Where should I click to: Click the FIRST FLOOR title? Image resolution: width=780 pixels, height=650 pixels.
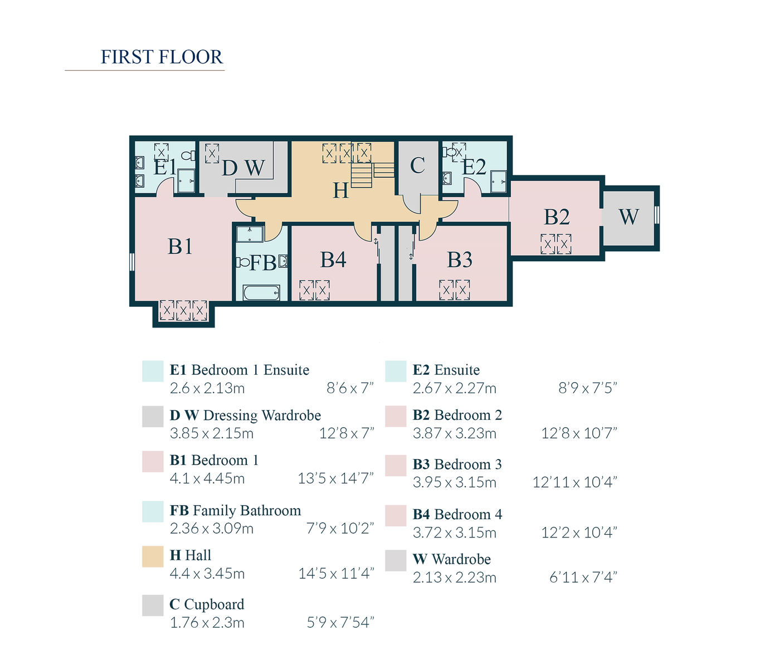161,57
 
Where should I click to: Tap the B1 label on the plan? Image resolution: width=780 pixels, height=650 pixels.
180,246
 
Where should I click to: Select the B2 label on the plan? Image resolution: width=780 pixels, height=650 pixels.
557,217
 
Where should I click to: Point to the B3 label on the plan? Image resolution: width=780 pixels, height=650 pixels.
460,260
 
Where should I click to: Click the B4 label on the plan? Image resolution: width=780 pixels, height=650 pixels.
333,260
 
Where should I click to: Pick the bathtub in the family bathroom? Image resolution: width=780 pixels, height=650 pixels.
261,292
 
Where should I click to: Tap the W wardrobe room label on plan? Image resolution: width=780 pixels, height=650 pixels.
628,217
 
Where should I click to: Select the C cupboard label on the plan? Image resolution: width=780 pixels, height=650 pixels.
417,165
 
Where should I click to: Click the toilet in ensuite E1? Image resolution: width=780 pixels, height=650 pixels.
189,156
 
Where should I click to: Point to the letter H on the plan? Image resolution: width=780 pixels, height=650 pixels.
340,191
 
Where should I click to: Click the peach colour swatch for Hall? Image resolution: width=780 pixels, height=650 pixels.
153,556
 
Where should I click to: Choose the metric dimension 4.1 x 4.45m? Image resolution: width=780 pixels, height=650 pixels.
207,478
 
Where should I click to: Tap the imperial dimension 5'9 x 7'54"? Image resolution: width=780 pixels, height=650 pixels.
340,622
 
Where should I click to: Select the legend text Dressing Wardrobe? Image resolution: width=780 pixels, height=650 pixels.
262,416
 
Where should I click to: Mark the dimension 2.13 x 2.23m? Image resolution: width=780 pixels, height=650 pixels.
454,578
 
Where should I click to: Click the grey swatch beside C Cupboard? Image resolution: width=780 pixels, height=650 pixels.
153,605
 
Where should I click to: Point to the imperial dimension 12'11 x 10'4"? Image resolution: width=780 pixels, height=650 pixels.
574,482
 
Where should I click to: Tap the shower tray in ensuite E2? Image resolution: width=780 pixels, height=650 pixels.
499,182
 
